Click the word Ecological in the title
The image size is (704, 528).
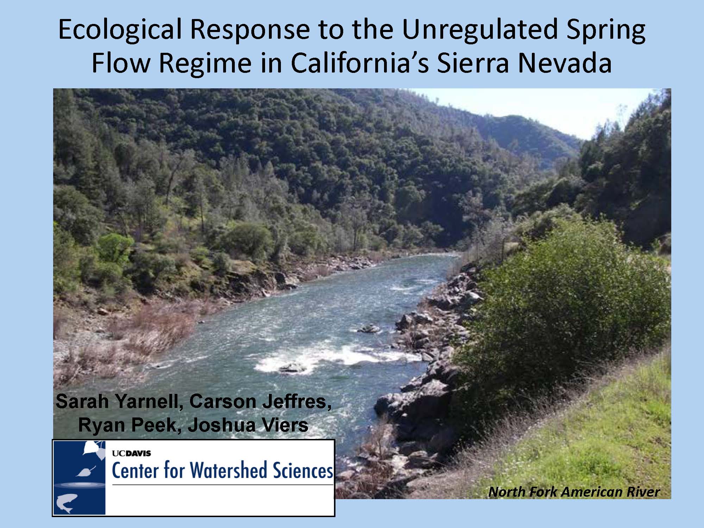pyautogui.click(x=120, y=30)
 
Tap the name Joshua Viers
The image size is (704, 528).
pyautogui.click(x=248, y=425)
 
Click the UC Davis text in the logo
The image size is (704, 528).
pyautogui.click(x=131, y=453)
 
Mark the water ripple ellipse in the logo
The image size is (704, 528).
pyautogui.click(x=80, y=485)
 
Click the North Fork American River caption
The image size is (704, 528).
pyautogui.click(x=573, y=492)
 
